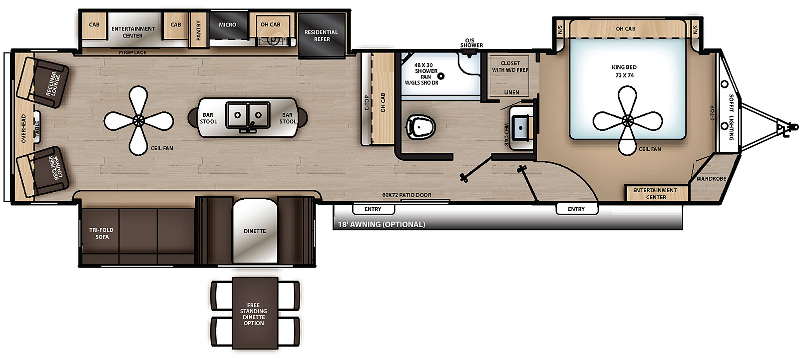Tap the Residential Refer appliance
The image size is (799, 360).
(x=321, y=35)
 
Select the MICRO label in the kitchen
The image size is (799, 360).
(x=227, y=24)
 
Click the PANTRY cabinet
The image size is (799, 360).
(x=199, y=30)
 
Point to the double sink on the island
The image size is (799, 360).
(x=248, y=115)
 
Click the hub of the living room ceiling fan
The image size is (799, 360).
(x=139, y=120)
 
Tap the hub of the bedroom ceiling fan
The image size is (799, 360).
(x=628, y=120)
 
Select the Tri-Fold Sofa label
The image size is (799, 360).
(x=101, y=233)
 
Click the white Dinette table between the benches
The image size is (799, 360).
(x=255, y=231)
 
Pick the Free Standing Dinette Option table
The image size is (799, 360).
(x=254, y=314)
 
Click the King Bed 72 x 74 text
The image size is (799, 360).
(x=624, y=71)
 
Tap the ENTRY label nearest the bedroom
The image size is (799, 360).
(x=576, y=209)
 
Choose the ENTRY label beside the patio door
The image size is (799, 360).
(x=373, y=209)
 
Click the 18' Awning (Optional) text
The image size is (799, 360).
(x=382, y=225)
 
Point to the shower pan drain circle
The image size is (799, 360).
(x=441, y=76)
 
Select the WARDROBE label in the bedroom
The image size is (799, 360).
(x=711, y=179)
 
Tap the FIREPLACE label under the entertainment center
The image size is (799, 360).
(x=133, y=52)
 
